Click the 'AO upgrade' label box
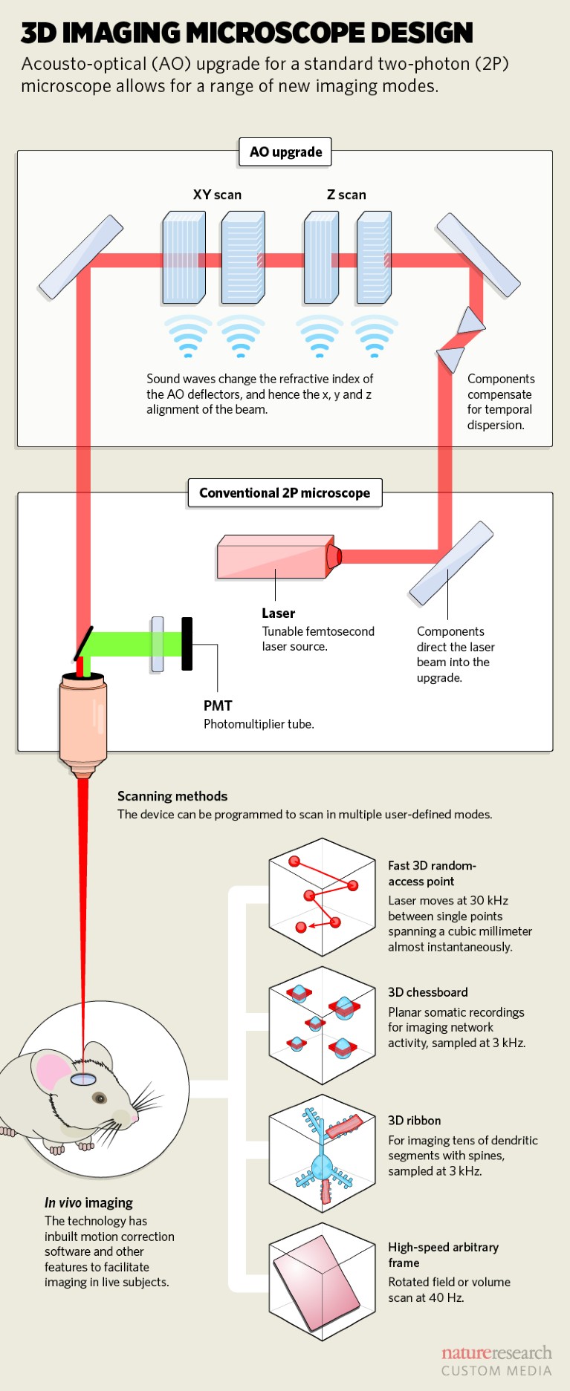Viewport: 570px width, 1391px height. [285, 152]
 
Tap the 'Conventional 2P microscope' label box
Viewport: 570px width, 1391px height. [285, 493]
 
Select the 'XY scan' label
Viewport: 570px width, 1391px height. [217, 195]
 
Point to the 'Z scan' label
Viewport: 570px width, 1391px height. [346, 195]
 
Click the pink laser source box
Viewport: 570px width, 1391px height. [274, 557]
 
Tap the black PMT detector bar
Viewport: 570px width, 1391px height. [187, 644]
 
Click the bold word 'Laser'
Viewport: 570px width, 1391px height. [278, 613]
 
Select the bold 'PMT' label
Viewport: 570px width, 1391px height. [218, 706]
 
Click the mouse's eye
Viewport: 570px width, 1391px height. [99, 1098]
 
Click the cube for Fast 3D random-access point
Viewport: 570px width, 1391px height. [322, 897]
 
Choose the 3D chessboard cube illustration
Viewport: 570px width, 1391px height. [322, 1026]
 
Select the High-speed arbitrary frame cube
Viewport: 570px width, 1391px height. [322, 1282]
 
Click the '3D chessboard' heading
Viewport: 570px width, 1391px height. [428, 992]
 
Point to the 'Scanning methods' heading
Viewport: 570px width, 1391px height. [172, 796]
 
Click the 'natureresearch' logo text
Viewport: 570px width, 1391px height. [496, 1352]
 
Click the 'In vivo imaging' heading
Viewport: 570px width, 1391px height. [88, 1202]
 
